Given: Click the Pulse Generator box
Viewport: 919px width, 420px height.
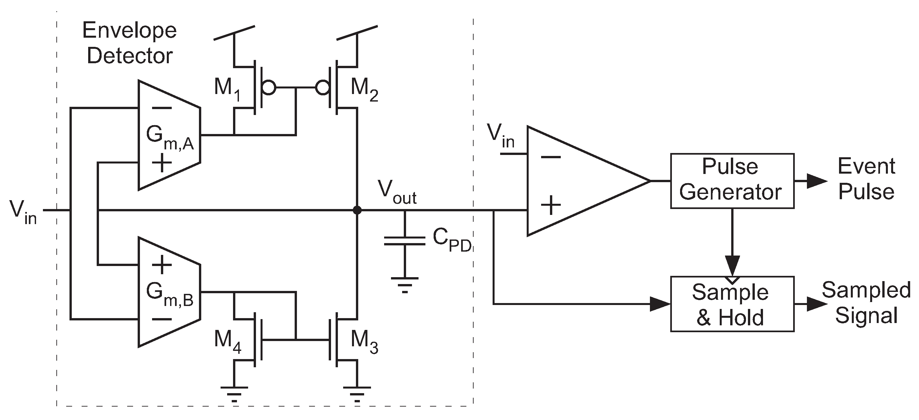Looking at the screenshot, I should click(x=732, y=181).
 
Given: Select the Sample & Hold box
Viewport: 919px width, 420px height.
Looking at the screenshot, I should click(x=732, y=304).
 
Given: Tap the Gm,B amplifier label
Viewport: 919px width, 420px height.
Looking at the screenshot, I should click(x=169, y=295).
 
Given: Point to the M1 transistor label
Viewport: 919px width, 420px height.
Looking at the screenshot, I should click(x=227, y=89).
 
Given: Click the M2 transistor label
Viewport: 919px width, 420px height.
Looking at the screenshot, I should click(x=364, y=89).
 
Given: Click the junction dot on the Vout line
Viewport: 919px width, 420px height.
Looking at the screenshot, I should click(x=357, y=210).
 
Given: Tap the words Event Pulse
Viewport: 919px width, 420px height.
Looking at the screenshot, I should click(x=866, y=179).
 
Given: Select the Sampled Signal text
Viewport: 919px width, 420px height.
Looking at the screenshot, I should click(x=866, y=302).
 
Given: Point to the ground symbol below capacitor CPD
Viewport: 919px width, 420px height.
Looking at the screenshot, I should click(x=404, y=284).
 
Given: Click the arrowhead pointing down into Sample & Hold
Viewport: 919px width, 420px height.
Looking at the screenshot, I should click(x=732, y=265).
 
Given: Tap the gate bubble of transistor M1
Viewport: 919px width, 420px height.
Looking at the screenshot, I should click(x=268, y=87).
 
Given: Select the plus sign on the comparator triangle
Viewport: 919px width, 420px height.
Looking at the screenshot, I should click(x=551, y=205).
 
